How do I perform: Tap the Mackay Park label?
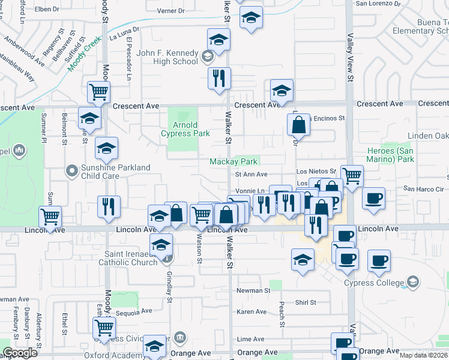click(234, 161)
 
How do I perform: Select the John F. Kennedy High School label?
click(167, 57)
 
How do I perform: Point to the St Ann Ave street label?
click(250, 175)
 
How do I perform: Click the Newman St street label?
click(253, 290)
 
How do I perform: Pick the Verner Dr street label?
click(170, 11)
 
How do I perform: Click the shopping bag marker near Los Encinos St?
click(298, 125)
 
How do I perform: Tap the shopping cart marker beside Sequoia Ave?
click(104, 328)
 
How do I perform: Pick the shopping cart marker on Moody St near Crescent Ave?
click(98, 92)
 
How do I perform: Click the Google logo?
click(20, 353)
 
